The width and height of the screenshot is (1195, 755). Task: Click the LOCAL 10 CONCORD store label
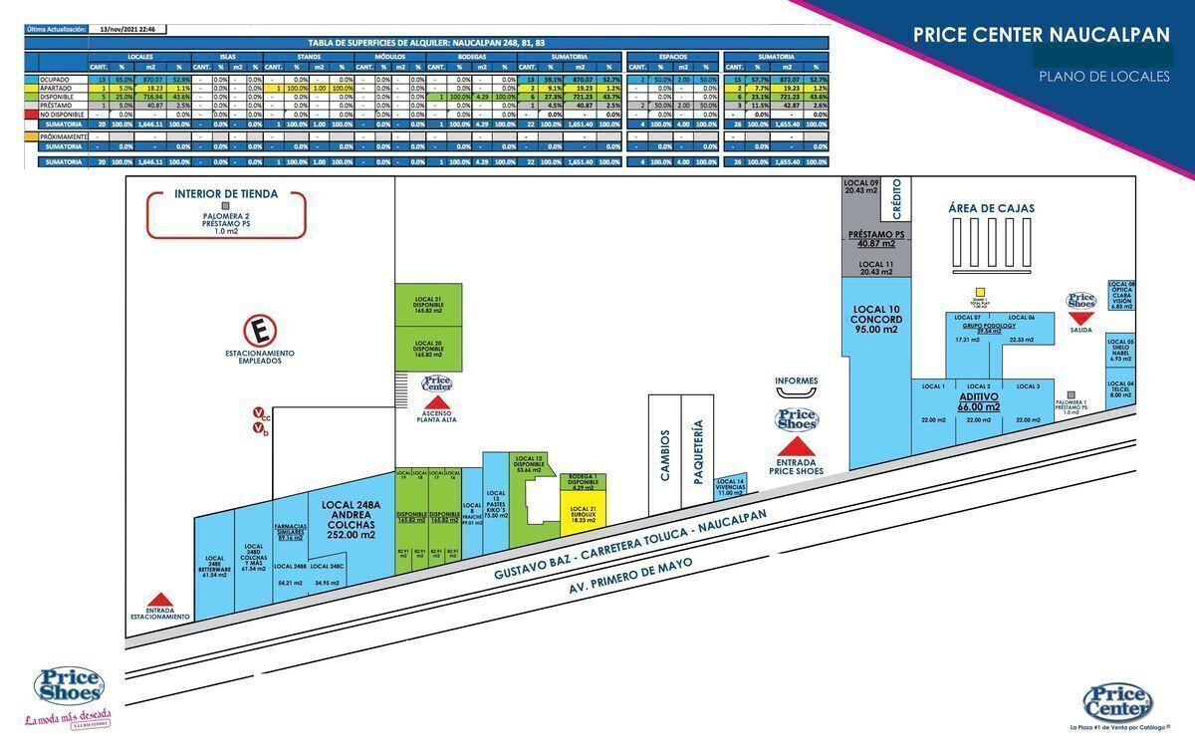876,319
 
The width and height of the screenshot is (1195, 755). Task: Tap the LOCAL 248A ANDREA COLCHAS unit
349,519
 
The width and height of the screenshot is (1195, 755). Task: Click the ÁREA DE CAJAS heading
991,208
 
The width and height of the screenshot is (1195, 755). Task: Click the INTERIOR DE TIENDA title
226,194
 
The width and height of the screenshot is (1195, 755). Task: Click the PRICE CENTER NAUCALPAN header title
1041,35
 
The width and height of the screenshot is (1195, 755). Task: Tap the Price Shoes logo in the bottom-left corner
69,686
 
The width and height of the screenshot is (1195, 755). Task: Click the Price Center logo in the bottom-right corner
1117,702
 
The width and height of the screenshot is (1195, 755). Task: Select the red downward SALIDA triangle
1081,318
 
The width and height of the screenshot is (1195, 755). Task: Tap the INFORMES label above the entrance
797,380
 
